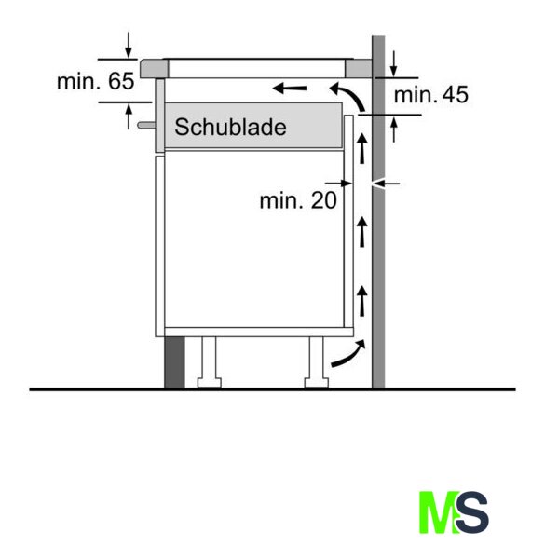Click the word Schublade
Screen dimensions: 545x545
pyautogui.click(x=230, y=127)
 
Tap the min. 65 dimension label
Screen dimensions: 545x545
pyautogui.click(x=96, y=81)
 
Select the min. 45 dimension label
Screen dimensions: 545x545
pyautogui.click(x=431, y=94)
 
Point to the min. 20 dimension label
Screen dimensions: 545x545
pyautogui.click(x=298, y=200)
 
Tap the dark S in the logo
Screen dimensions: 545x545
pyautogui.click(x=472, y=511)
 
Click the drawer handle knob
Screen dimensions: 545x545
pyautogui.click(x=146, y=125)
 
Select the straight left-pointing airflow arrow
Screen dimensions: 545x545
pyautogui.click(x=290, y=89)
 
